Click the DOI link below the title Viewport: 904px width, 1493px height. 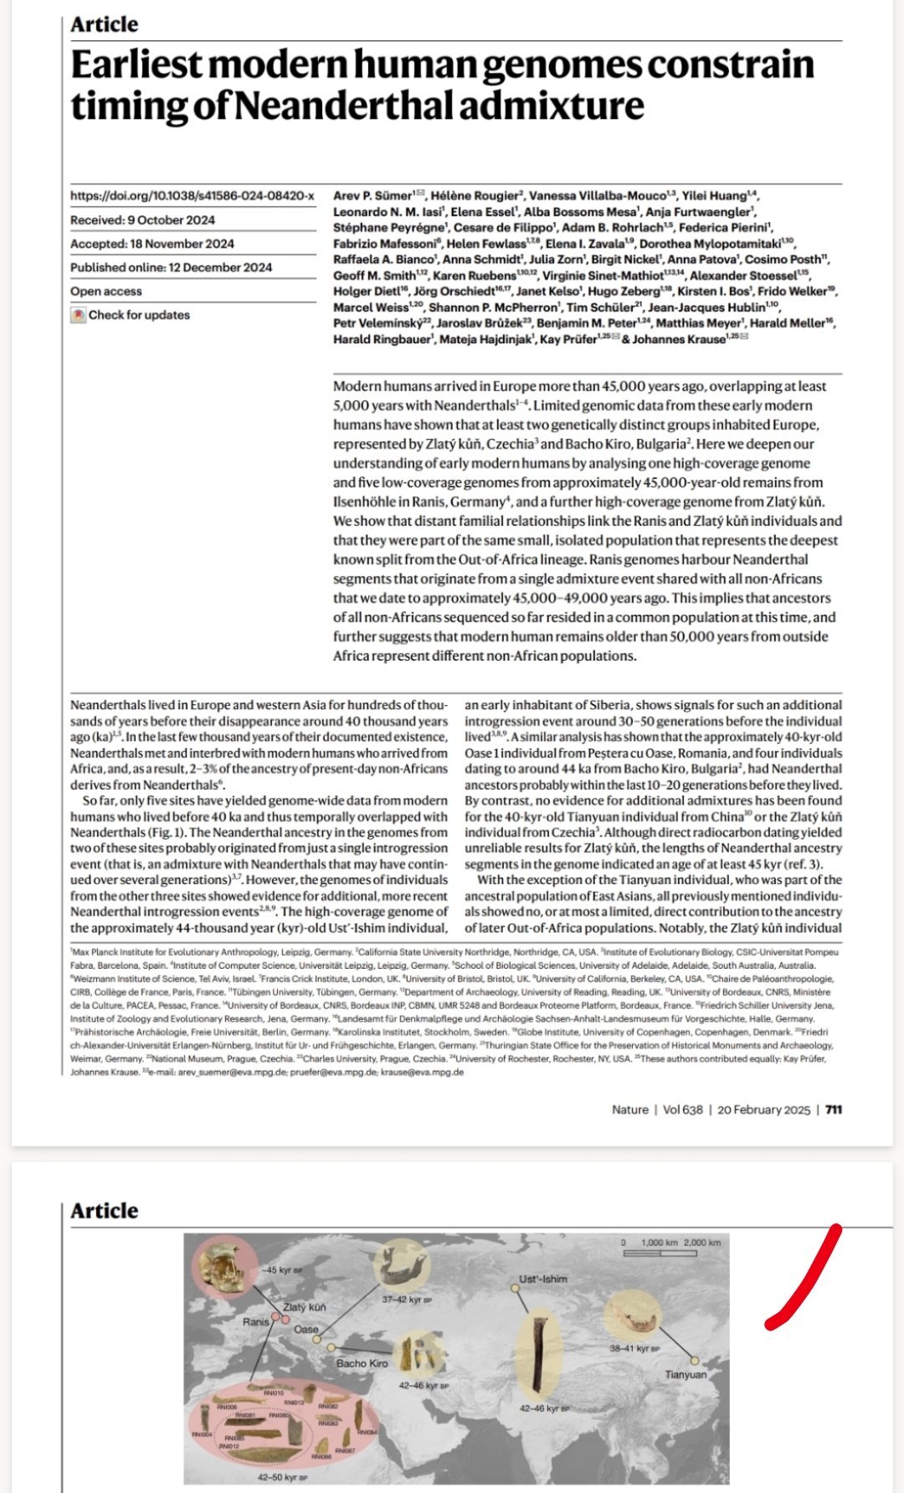[x=192, y=196]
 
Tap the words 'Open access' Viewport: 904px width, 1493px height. [x=106, y=291]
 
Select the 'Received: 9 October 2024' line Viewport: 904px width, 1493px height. [x=142, y=220]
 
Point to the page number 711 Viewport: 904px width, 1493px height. [x=833, y=1109]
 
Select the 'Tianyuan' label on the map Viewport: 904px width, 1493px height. [x=686, y=1374]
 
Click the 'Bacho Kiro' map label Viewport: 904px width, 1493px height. [x=362, y=1363]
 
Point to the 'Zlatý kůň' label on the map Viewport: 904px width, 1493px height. [x=304, y=1307]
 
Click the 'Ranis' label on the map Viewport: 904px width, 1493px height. [x=256, y=1321]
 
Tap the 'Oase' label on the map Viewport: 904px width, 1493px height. [x=306, y=1329]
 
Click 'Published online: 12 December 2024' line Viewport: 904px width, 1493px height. [x=171, y=267]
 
